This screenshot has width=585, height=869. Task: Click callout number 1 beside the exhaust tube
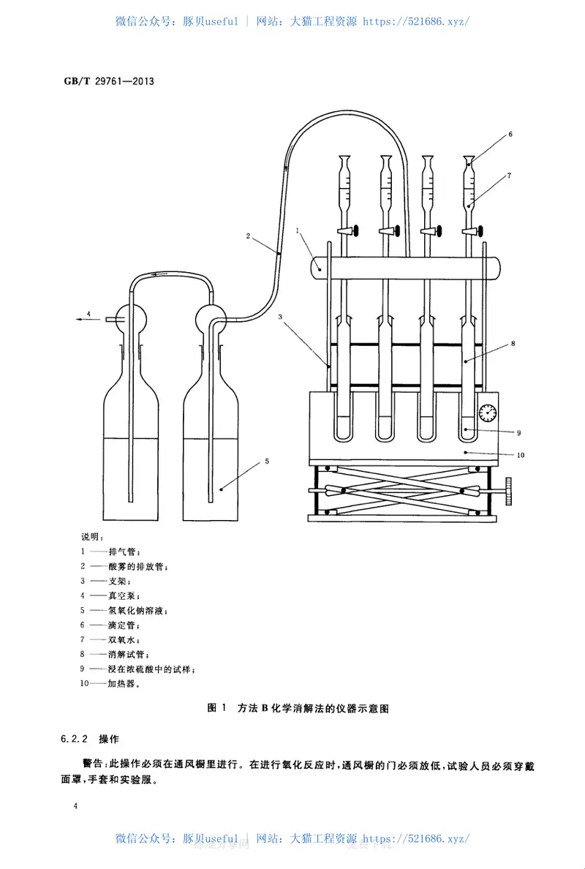(298, 230)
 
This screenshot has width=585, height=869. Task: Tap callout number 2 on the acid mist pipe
(249, 236)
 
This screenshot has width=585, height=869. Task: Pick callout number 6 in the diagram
(510, 134)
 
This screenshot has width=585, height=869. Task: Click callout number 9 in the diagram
(518, 432)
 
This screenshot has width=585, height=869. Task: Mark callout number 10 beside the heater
(520, 455)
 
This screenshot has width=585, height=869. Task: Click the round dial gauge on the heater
(487, 413)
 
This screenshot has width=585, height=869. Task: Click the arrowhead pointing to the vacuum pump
(76, 320)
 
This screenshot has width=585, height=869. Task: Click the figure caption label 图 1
(217, 708)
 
